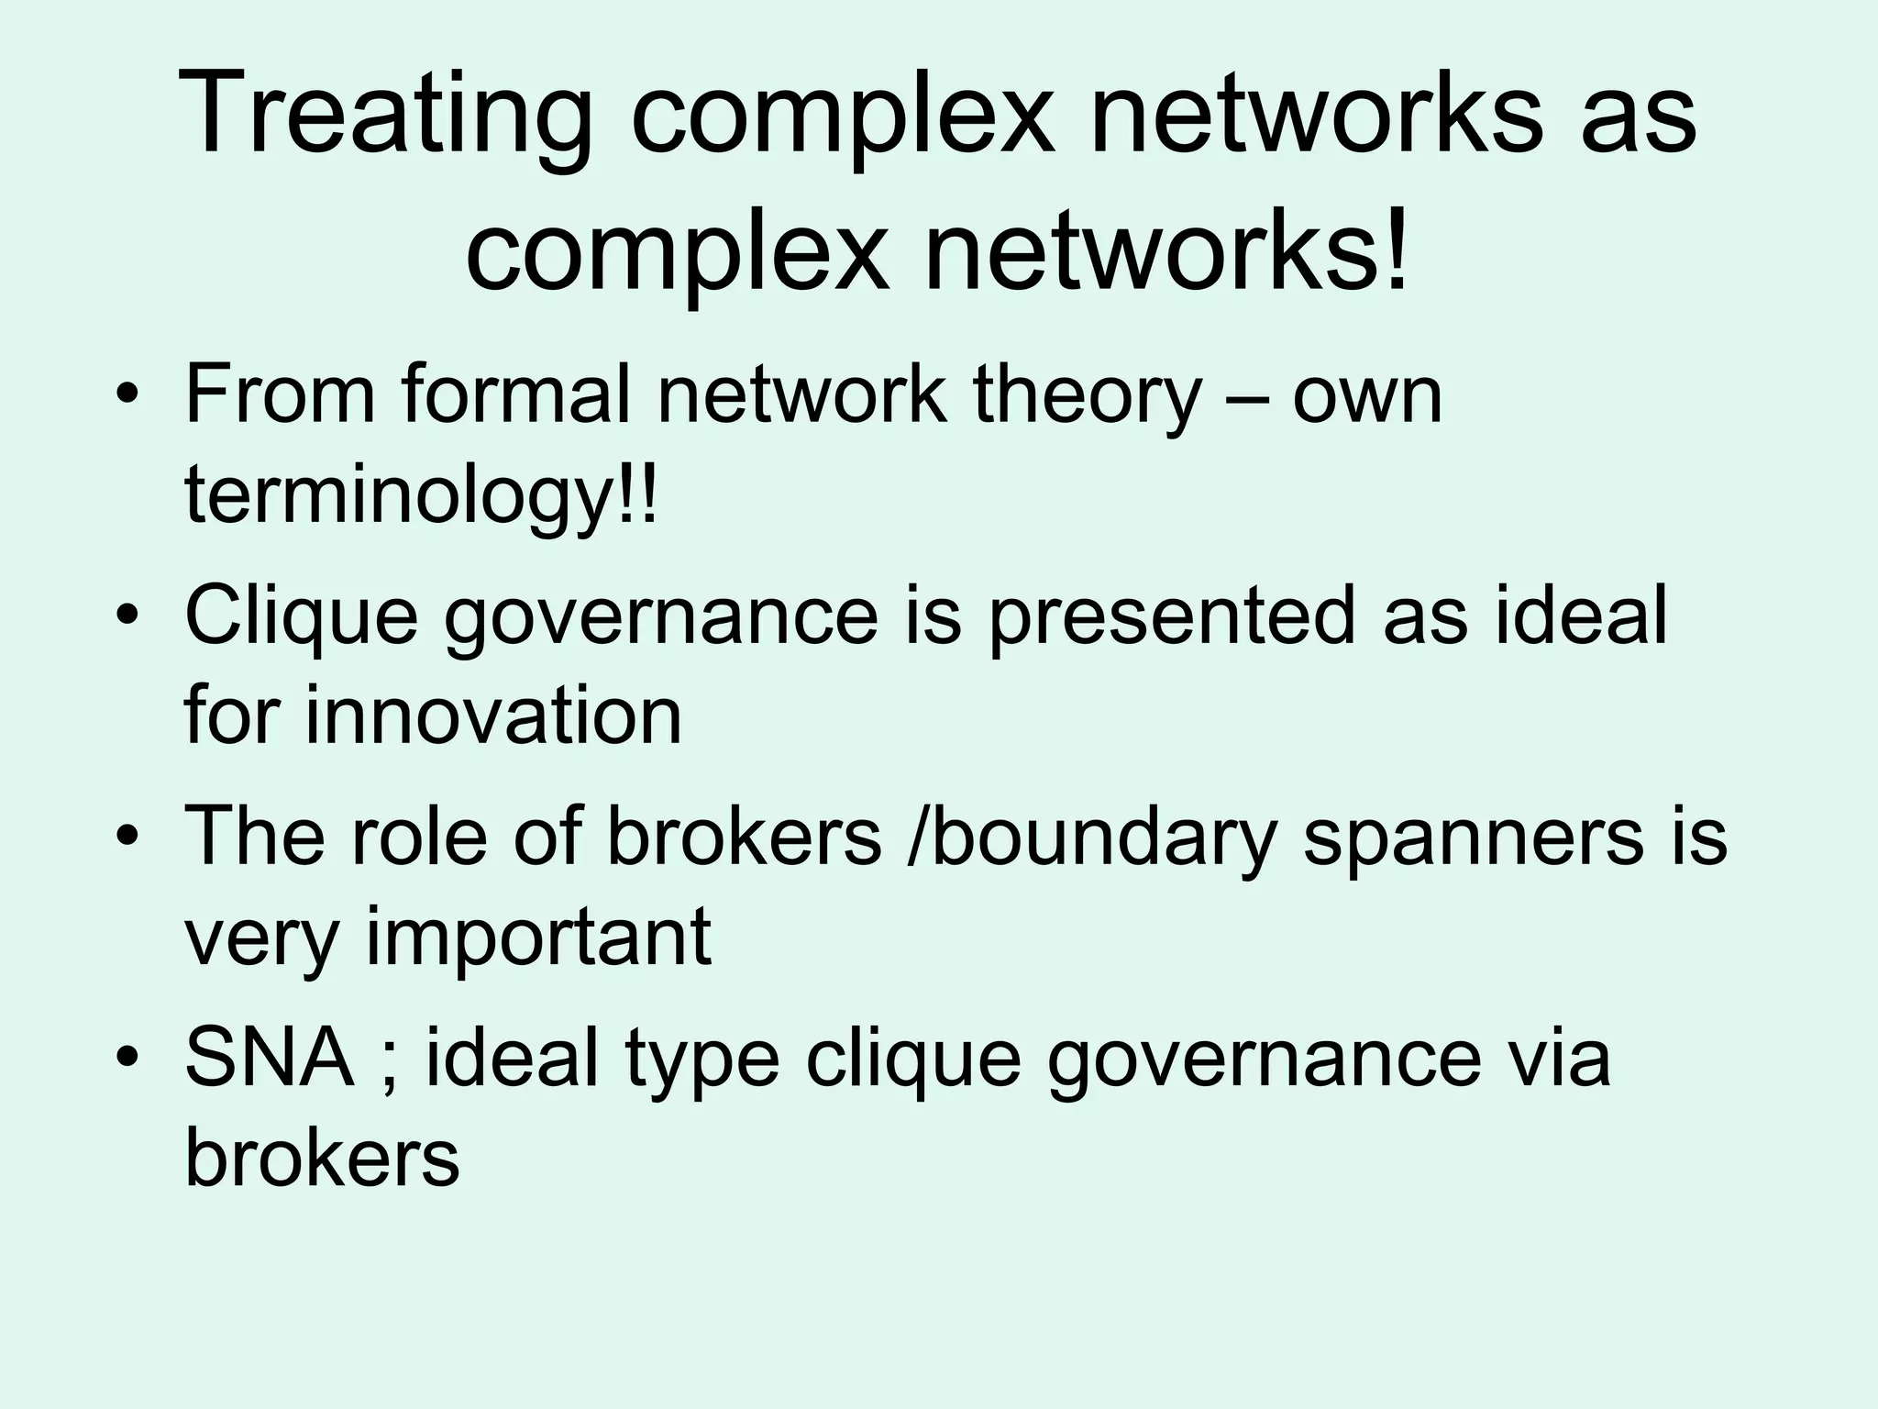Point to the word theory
tap(1086, 396)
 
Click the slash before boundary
tap(916, 837)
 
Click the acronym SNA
tap(270, 1057)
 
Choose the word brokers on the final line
tap(322, 1158)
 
